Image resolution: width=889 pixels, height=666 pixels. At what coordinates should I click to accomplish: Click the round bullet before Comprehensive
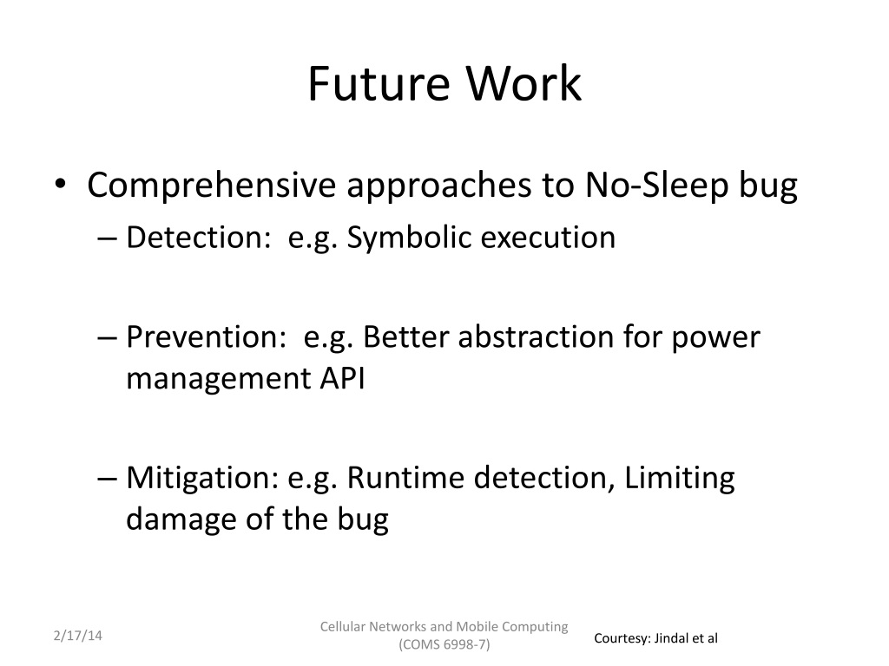tap(60, 184)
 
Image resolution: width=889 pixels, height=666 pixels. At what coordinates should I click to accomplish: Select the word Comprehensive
tap(212, 186)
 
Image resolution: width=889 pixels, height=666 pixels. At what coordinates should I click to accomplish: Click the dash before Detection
tap(107, 238)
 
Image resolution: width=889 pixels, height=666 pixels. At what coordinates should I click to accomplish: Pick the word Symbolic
tap(409, 238)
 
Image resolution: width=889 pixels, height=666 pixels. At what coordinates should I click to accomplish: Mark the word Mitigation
tap(202, 478)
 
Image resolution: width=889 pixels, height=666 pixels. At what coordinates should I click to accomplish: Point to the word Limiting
tap(679, 478)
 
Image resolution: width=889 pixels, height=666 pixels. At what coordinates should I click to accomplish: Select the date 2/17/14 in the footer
tap(77, 636)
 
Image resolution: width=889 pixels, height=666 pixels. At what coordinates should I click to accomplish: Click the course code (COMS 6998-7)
tap(444, 644)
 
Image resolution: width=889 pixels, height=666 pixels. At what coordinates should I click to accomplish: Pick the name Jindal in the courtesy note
tap(670, 638)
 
